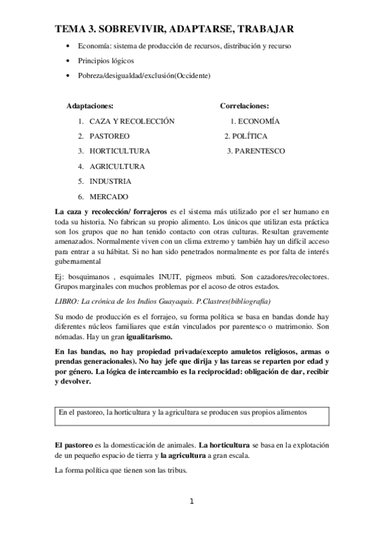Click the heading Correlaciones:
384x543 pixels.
(x=244, y=106)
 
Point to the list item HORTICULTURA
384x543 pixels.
(x=120, y=151)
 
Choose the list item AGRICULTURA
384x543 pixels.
(x=117, y=166)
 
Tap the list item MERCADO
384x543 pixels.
(x=109, y=197)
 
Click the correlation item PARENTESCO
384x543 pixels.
(x=260, y=151)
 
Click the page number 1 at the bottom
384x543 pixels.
(x=191, y=501)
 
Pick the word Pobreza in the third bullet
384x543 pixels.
(x=91, y=76)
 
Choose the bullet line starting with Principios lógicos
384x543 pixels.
(x=106, y=61)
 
